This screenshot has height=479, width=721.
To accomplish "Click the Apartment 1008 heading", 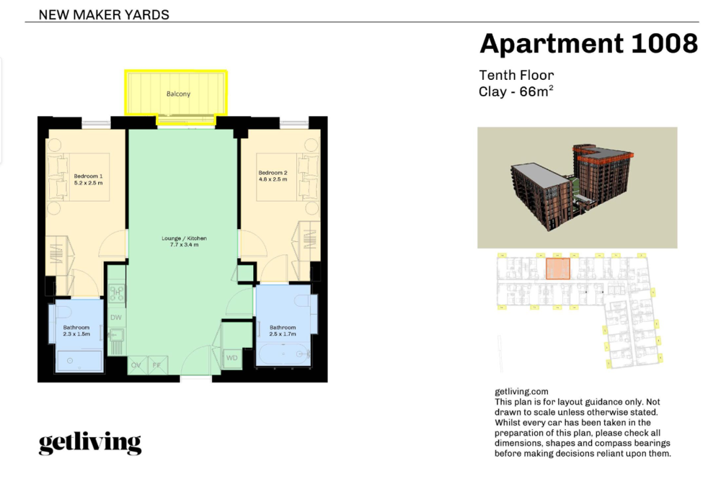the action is (588, 44).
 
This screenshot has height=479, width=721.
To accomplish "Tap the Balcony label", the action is (178, 94).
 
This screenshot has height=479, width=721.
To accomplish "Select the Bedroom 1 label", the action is (88, 179).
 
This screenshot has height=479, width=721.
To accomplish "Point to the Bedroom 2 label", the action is (273, 176).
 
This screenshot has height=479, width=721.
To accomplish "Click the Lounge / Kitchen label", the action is (184, 241).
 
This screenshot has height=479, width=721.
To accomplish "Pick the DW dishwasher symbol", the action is (116, 318).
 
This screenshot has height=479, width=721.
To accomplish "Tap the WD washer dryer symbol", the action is (231, 358).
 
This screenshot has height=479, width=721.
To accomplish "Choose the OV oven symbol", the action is (136, 365).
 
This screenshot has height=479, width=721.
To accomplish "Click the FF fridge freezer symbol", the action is (157, 365).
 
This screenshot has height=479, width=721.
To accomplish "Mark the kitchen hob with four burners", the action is (116, 292).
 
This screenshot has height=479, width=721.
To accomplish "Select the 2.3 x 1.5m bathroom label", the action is (76, 331).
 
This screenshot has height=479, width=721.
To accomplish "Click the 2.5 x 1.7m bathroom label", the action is (283, 331).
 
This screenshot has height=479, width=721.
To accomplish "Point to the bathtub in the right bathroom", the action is (285, 354).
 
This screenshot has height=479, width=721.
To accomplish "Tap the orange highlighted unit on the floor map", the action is (558, 269).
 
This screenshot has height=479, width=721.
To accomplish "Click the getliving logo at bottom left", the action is (90, 443).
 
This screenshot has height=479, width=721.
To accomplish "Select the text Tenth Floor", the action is (516, 75).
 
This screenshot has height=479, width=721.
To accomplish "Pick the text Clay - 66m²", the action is (516, 91).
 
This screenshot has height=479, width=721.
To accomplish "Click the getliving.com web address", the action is (521, 392).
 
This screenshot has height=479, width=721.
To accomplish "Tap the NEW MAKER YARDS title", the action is (104, 14).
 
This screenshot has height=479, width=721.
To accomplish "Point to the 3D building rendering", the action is (572, 187).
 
